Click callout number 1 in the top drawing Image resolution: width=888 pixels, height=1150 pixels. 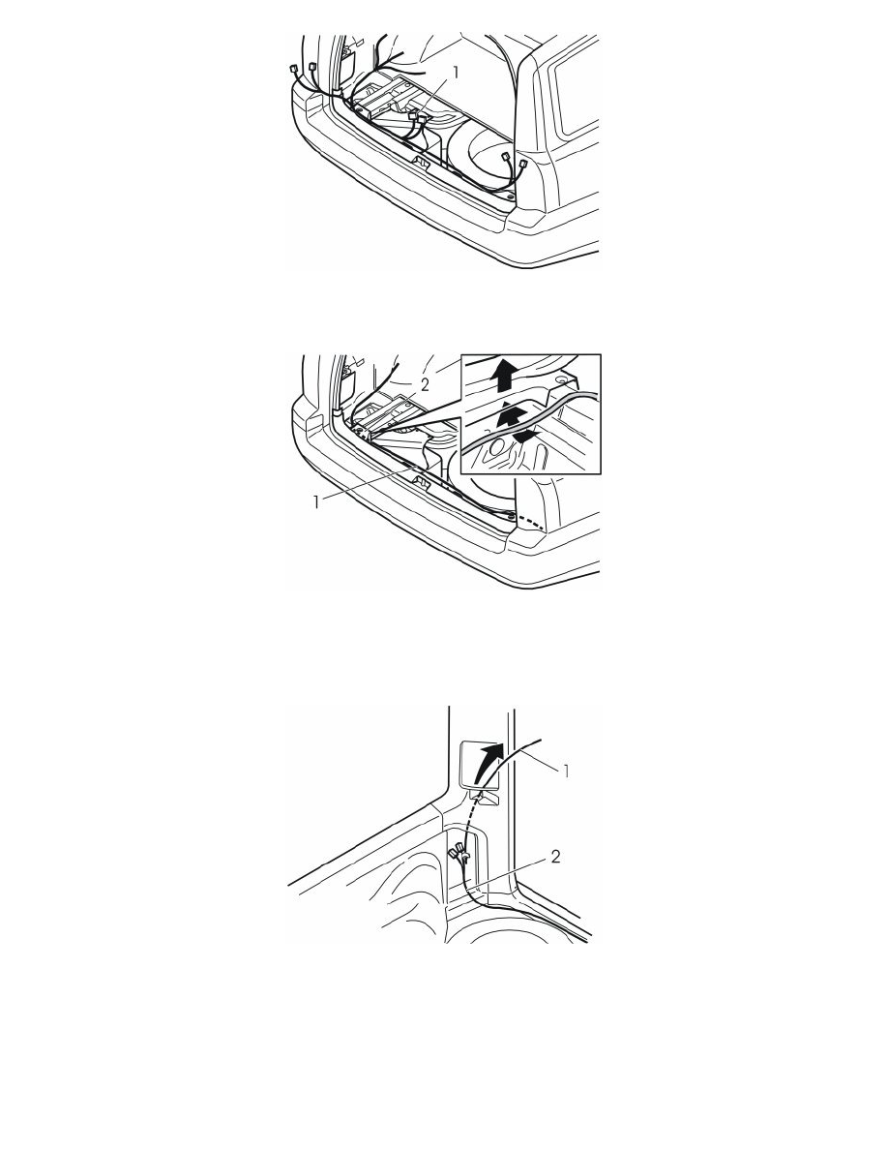point(456,73)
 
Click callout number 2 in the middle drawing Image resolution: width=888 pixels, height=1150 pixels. point(425,386)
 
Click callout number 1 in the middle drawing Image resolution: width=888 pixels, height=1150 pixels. point(316,502)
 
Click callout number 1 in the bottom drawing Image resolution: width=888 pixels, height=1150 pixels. point(566,771)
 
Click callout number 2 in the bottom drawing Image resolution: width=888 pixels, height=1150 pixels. point(555,856)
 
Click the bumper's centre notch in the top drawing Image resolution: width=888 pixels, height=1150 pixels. point(422,159)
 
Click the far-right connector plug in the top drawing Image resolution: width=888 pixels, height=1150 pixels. point(522,166)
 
